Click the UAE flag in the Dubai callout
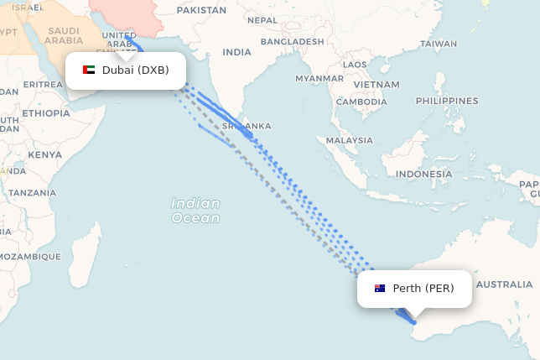pos(89,70)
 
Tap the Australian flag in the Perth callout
pos(380,289)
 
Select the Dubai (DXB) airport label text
pos(135,70)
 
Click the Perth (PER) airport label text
pos(423,289)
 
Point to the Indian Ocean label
pos(195,211)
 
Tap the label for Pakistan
pos(202,11)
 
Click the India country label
pos(236,52)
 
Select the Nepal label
pos(262,20)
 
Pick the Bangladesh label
pos(292,41)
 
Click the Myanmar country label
pos(319,78)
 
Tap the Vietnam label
pos(376,85)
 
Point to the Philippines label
pos(446,101)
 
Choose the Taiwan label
pos(439,44)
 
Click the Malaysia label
pos(350,140)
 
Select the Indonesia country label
pos(424,175)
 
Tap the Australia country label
pos(504,284)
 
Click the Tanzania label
pos(32,193)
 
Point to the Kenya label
pos(44,154)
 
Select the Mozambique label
pos(30,256)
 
